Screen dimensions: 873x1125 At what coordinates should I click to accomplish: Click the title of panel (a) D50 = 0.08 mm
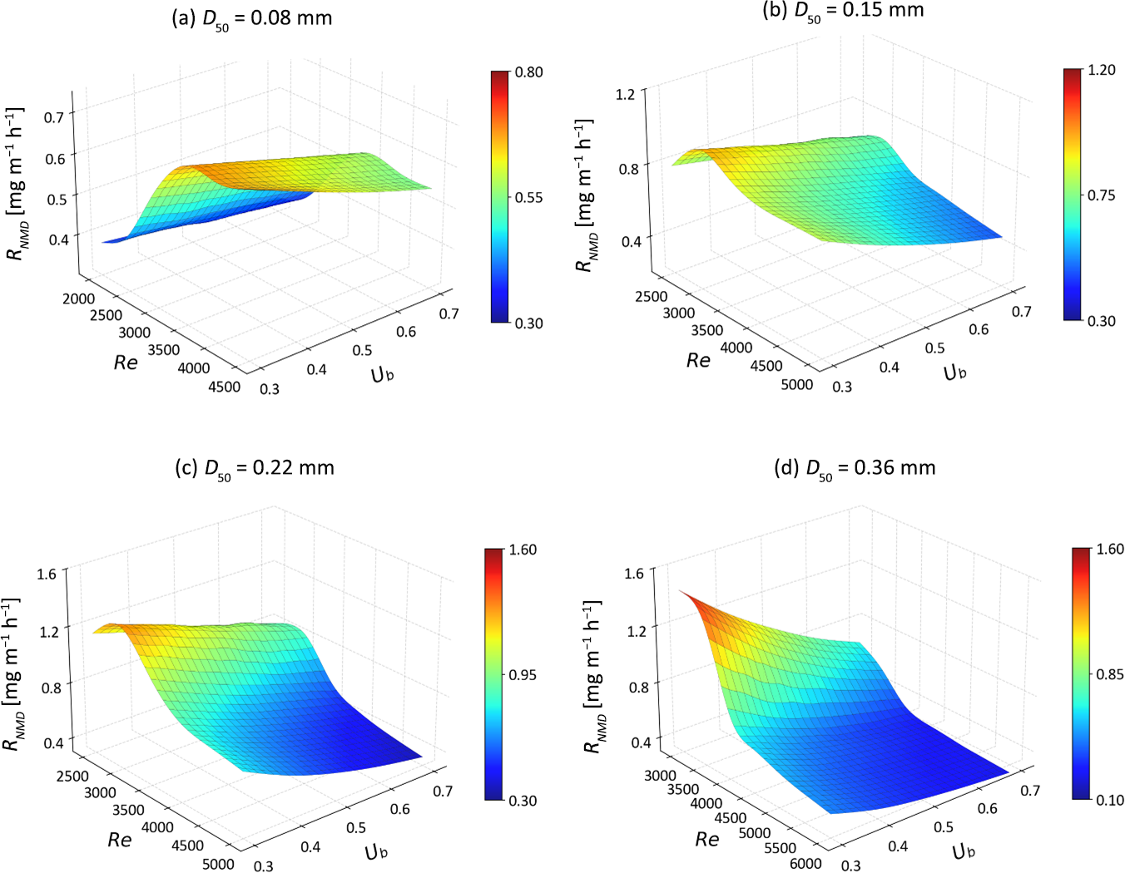tap(251, 18)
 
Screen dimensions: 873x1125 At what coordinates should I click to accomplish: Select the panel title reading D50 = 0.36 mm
tap(855, 468)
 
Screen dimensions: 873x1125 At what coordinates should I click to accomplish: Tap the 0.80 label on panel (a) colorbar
tap(528, 72)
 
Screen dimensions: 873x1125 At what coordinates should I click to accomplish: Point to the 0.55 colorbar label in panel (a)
tap(528, 198)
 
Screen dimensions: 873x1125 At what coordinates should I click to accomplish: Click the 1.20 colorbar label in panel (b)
tap(1101, 70)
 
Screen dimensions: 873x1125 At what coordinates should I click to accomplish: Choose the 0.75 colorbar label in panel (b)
tap(1101, 195)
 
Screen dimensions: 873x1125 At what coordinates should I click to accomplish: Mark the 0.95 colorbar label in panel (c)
tap(523, 675)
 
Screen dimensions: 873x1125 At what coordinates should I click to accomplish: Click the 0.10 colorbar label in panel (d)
tap(1110, 800)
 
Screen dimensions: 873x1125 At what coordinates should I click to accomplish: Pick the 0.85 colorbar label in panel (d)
tap(1110, 674)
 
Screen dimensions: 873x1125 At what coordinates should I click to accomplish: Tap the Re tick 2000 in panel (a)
tap(79, 298)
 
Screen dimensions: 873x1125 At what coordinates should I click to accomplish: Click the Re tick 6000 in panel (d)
tap(805, 863)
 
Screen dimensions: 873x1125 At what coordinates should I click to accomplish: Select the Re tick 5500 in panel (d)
tap(780, 848)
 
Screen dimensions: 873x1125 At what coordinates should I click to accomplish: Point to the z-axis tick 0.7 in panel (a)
tap(54, 116)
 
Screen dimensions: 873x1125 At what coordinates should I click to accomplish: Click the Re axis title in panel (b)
tap(698, 360)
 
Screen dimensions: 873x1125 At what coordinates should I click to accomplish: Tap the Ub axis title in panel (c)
tap(376, 851)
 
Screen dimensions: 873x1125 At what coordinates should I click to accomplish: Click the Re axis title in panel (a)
tap(126, 363)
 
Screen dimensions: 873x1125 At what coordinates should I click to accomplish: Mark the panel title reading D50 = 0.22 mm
tap(255, 468)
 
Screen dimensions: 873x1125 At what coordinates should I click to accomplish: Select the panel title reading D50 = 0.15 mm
tap(843, 11)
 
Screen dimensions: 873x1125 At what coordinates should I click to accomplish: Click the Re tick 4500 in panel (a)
tap(225, 387)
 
